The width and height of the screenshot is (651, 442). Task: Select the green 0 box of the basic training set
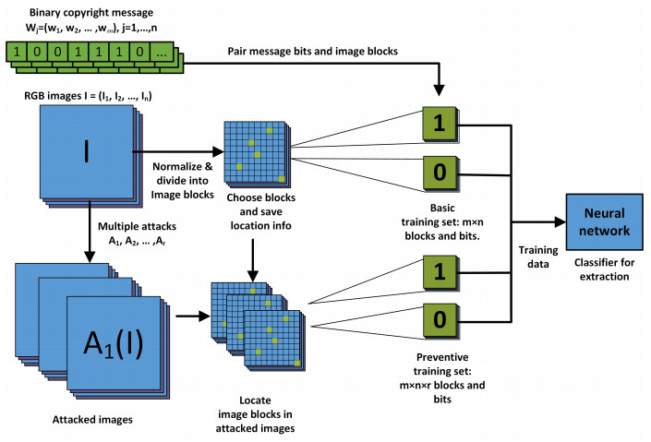[x=439, y=173]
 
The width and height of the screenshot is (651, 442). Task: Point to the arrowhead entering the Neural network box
[x=560, y=221]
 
